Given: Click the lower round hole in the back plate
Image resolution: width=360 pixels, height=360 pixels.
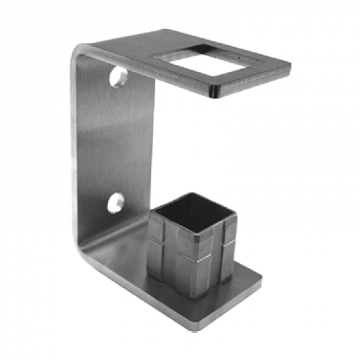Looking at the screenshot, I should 115,203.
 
